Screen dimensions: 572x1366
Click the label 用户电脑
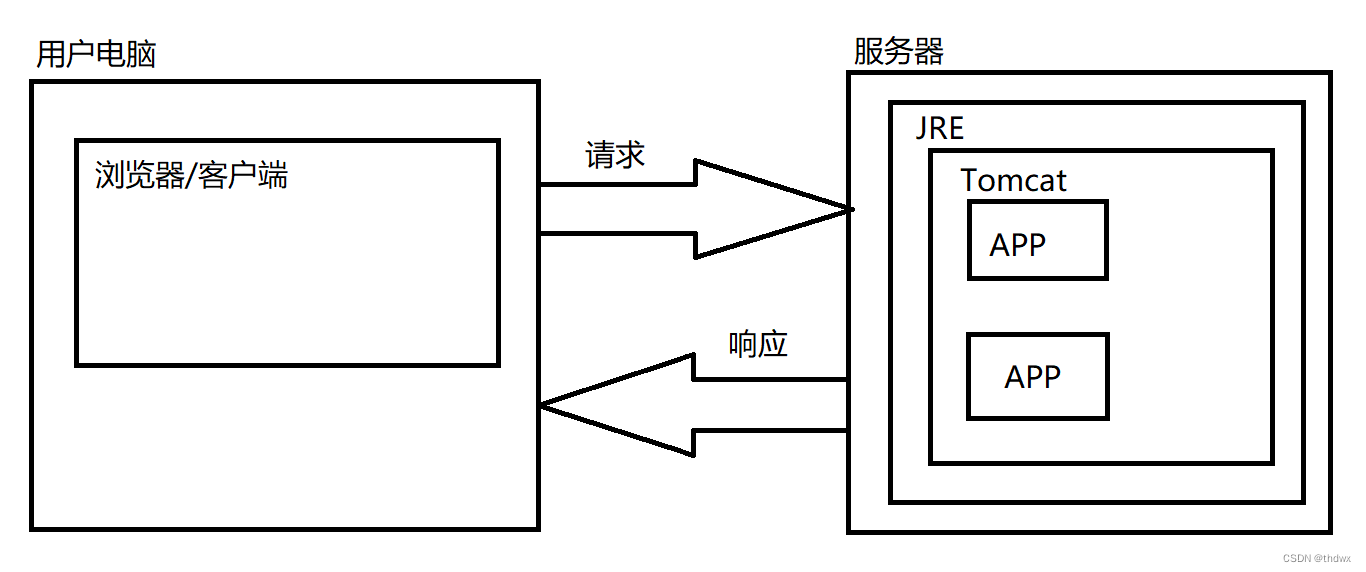(96, 54)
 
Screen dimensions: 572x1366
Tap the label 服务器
(898, 51)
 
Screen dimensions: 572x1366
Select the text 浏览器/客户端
(191, 176)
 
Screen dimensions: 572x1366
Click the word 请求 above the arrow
(615, 155)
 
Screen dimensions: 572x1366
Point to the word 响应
(758, 344)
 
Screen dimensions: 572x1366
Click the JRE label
(940, 130)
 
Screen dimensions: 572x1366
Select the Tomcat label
(1013, 181)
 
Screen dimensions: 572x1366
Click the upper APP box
(1037, 240)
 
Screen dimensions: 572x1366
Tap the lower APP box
(1037, 376)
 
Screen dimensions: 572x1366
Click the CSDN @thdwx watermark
(1314, 558)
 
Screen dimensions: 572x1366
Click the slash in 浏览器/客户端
(190, 176)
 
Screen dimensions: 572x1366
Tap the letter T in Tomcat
(970, 181)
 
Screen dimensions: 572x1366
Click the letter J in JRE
(921, 130)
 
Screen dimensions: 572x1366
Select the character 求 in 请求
(630, 155)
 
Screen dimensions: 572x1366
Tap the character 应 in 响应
(773, 344)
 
